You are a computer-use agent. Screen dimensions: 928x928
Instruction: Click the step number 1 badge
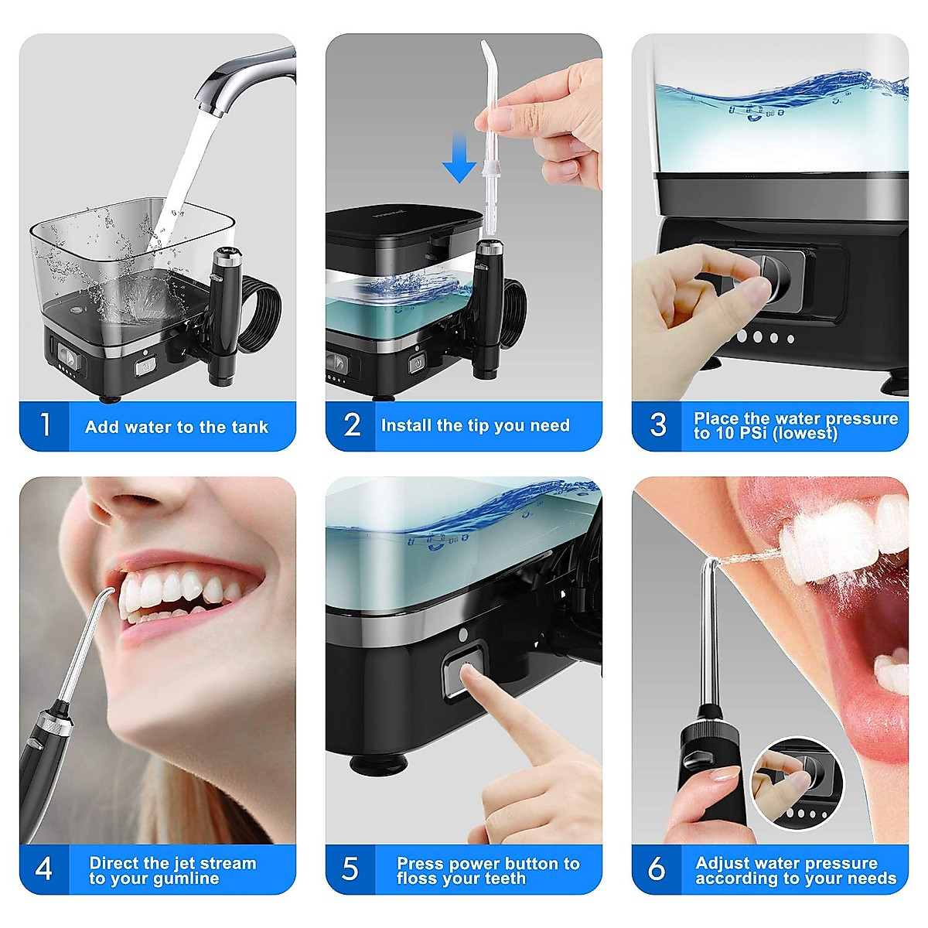[x=45, y=425]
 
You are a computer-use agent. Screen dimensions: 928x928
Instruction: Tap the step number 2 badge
[x=352, y=425]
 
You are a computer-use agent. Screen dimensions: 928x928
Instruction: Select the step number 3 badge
[x=658, y=425]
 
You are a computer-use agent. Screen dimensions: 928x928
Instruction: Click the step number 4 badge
[x=44, y=869]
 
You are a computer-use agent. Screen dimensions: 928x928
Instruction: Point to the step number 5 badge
[x=350, y=869]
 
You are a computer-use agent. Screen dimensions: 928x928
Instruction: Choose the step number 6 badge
[x=657, y=869]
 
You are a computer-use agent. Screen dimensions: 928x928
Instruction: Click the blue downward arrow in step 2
[x=459, y=158]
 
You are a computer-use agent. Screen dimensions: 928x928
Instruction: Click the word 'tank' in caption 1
[x=247, y=427]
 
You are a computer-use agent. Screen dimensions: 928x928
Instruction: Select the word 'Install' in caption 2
[x=407, y=425]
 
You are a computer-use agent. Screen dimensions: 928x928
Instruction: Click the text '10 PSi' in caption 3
[x=740, y=434]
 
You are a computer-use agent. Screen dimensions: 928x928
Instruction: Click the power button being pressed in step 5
[x=462, y=670]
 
